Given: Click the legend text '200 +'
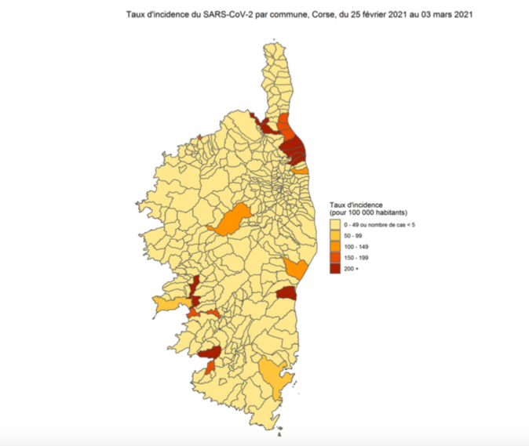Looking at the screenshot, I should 350,269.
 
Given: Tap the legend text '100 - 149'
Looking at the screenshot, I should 356,247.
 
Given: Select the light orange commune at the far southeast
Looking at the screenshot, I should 275,374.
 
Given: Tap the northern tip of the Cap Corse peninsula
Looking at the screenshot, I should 275,47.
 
